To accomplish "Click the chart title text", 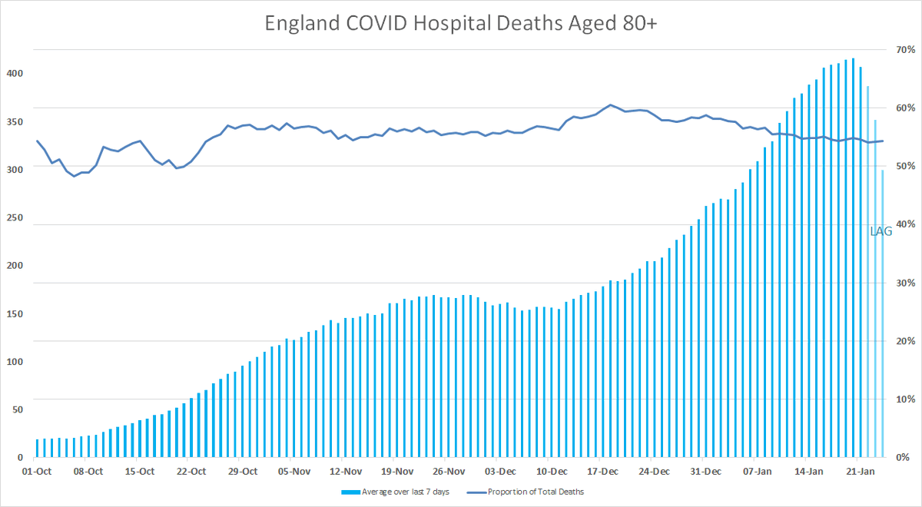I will tap(461, 24).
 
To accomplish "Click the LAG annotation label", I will tap(881, 230).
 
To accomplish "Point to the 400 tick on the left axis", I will tap(16, 73).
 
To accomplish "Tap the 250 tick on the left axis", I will tap(16, 217).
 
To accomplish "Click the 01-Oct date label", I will tap(37, 471).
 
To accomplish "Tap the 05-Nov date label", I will tap(294, 471).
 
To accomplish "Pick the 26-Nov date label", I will tap(448, 471).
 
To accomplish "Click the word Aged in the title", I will tap(585, 24).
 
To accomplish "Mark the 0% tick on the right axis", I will tap(902, 457).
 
